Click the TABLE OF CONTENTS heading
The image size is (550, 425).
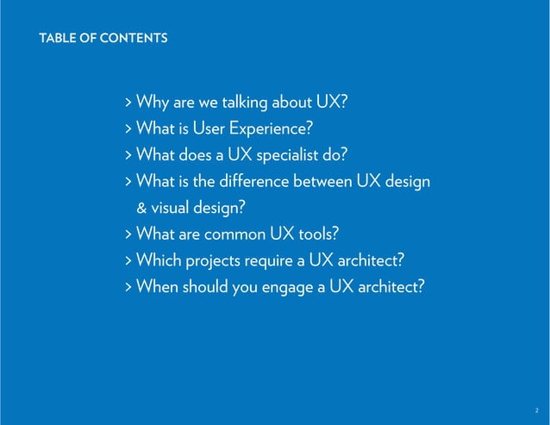[103, 39]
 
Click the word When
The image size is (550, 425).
[157, 286]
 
